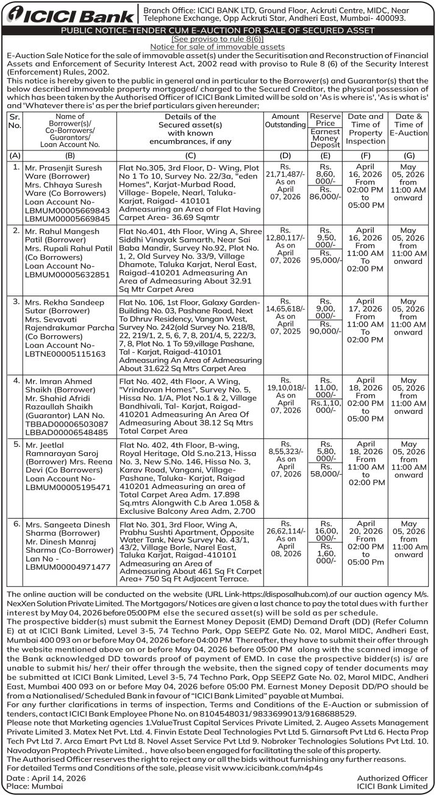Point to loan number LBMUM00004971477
click(x=67, y=566)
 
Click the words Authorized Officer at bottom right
click(x=392, y=778)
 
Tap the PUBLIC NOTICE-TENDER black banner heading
click(x=218, y=30)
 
